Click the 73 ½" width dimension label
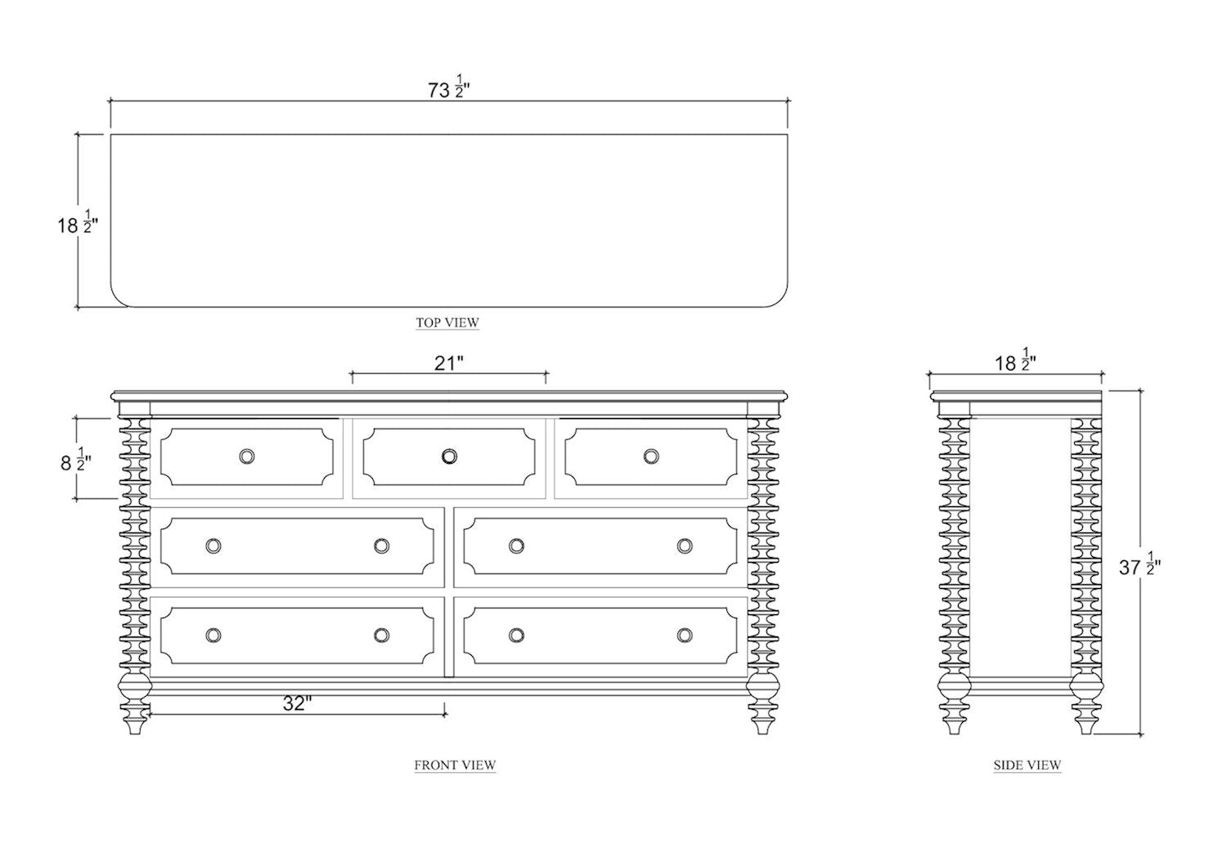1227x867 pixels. coord(449,88)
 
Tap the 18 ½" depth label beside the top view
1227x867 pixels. coord(77,224)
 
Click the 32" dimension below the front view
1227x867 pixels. coord(298,703)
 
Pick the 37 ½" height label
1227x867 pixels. coord(1139,567)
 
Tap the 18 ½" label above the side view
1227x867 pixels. coord(1015,362)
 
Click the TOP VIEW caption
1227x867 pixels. coord(447,322)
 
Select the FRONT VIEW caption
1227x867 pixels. coord(455,765)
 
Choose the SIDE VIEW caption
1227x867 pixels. coord(1027,765)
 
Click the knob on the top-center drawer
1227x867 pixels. coord(449,456)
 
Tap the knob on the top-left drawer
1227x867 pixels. coord(247,456)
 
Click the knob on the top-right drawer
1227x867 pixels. coord(651,456)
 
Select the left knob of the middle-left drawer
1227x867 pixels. coord(213,546)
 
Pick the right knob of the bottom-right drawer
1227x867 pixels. coord(685,635)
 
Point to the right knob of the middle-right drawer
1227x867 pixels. coord(685,546)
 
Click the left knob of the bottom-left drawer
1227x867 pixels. coord(213,635)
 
